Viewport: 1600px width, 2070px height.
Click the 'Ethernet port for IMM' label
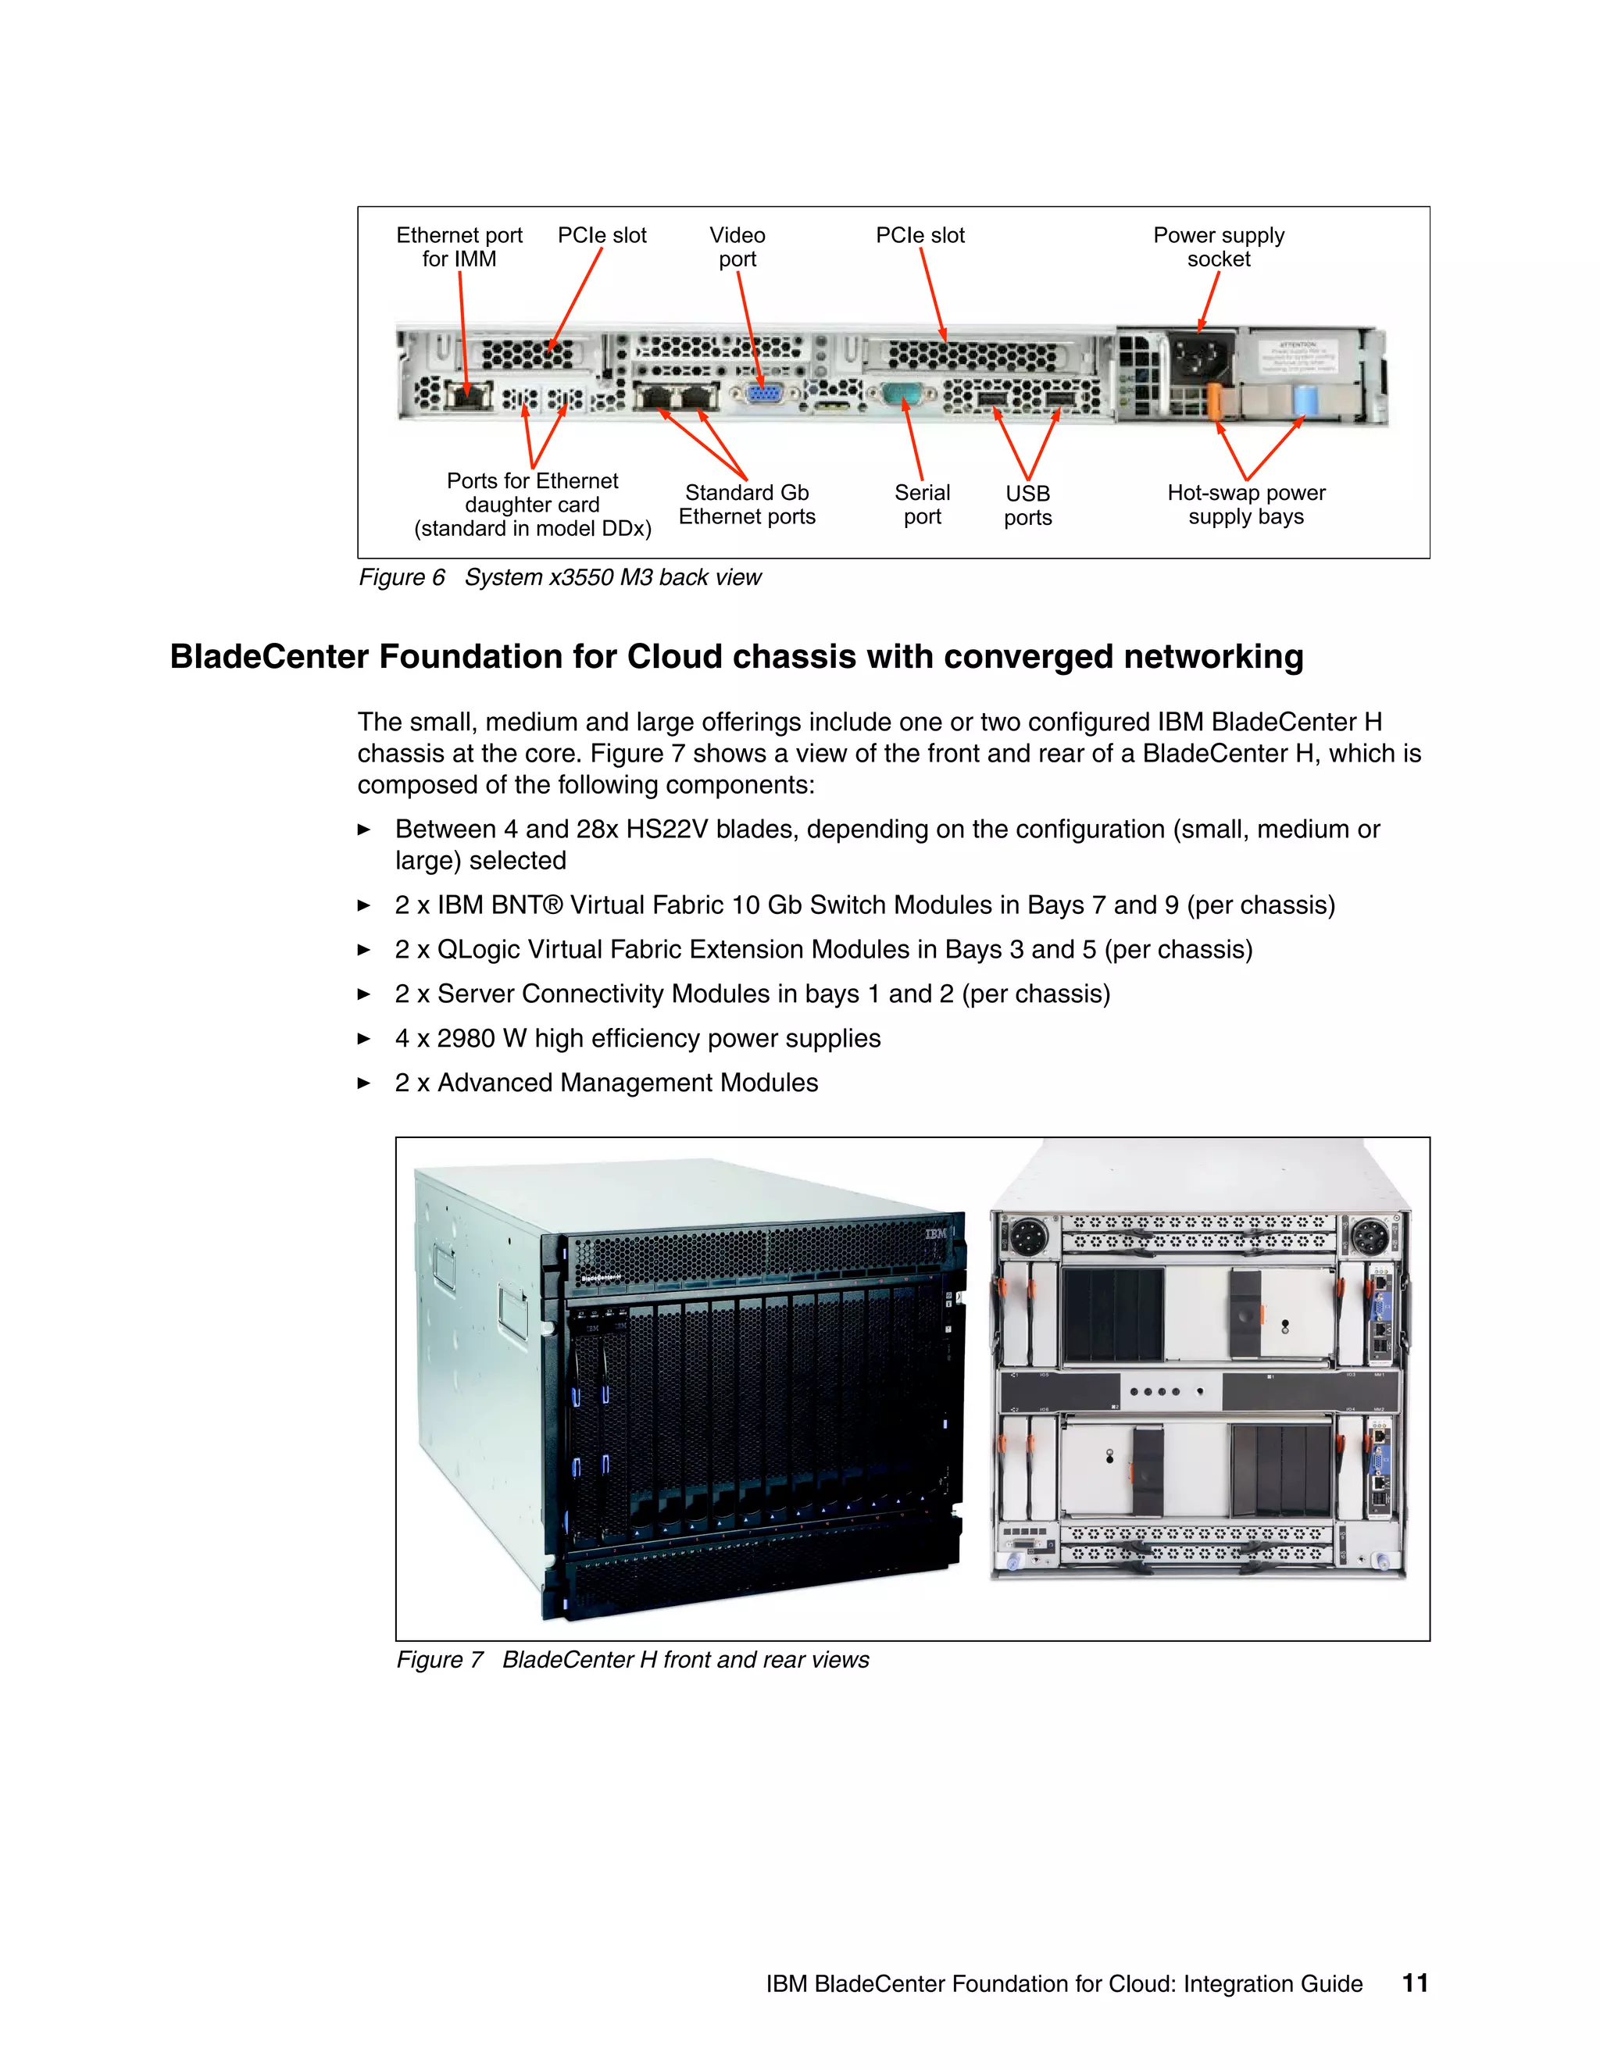click(x=459, y=248)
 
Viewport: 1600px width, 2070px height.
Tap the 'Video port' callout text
click(x=737, y=248)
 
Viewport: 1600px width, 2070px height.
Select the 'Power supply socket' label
click(x=1218, y=248)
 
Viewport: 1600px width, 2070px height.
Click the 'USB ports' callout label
click(x=1027, y=505)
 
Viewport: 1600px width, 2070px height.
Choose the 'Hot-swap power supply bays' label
click(x=1245, y=505)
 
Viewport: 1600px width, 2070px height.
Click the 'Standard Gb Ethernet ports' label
click(x=746, y=505)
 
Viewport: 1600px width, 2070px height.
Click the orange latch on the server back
click(x=1214, y=401)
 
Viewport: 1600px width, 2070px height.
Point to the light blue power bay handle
click(x=1305, y=400)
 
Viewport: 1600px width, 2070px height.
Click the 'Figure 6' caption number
click(x=401, y=577)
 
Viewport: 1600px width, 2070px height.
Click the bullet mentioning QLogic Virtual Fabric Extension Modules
click(x=823, y=949)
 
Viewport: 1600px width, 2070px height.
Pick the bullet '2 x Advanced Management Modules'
click(x=605, y=1083)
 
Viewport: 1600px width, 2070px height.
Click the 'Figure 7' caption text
click(x=439, y=1660)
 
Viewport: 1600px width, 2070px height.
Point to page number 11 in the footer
click(x=1414, y=1983)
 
